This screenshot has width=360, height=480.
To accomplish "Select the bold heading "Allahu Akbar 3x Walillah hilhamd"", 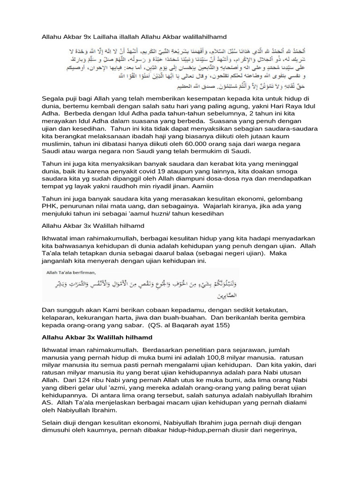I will (97, 338).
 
